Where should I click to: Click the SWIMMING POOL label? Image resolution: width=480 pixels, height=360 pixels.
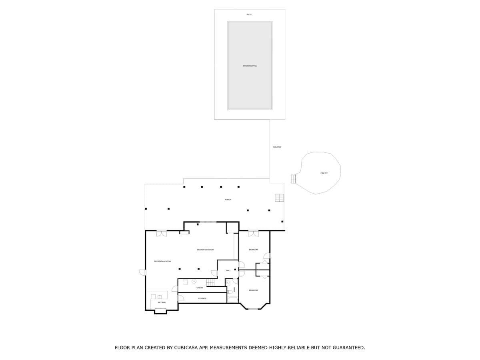click(x=250, y=66)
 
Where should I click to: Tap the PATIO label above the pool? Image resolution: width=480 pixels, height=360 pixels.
click(x=249, y=14)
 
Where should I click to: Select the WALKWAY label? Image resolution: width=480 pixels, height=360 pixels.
click(x=277, y=147)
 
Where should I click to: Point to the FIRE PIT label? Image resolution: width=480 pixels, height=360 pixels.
click(x=324, y=173)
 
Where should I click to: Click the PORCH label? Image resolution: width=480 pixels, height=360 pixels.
click(x=228, y=199)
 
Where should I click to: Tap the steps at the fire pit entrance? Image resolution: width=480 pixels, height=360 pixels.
click(x=293, y=179)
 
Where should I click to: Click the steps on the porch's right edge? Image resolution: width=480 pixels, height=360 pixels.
click(x=279, y=198)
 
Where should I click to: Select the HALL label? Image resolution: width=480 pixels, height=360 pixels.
click(x=228, y=270)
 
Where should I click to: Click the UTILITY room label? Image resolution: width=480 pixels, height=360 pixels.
click(x=200, y=288)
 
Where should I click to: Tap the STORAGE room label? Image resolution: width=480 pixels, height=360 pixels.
click(x=202, y=298)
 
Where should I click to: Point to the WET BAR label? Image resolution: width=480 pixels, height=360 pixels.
click(x=162, y=302)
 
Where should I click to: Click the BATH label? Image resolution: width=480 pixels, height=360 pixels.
click(x=235, y=289)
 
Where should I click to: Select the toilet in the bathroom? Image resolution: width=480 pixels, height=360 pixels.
click(x=230, y=292)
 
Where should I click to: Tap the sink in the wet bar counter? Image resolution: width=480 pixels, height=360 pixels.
click(x=160, y=296)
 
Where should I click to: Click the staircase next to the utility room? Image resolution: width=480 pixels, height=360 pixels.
click(x=210, y=282)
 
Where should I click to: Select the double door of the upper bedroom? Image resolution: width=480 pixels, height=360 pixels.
click(x=253, y=233)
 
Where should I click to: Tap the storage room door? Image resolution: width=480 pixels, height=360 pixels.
click(x=180, y=298)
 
